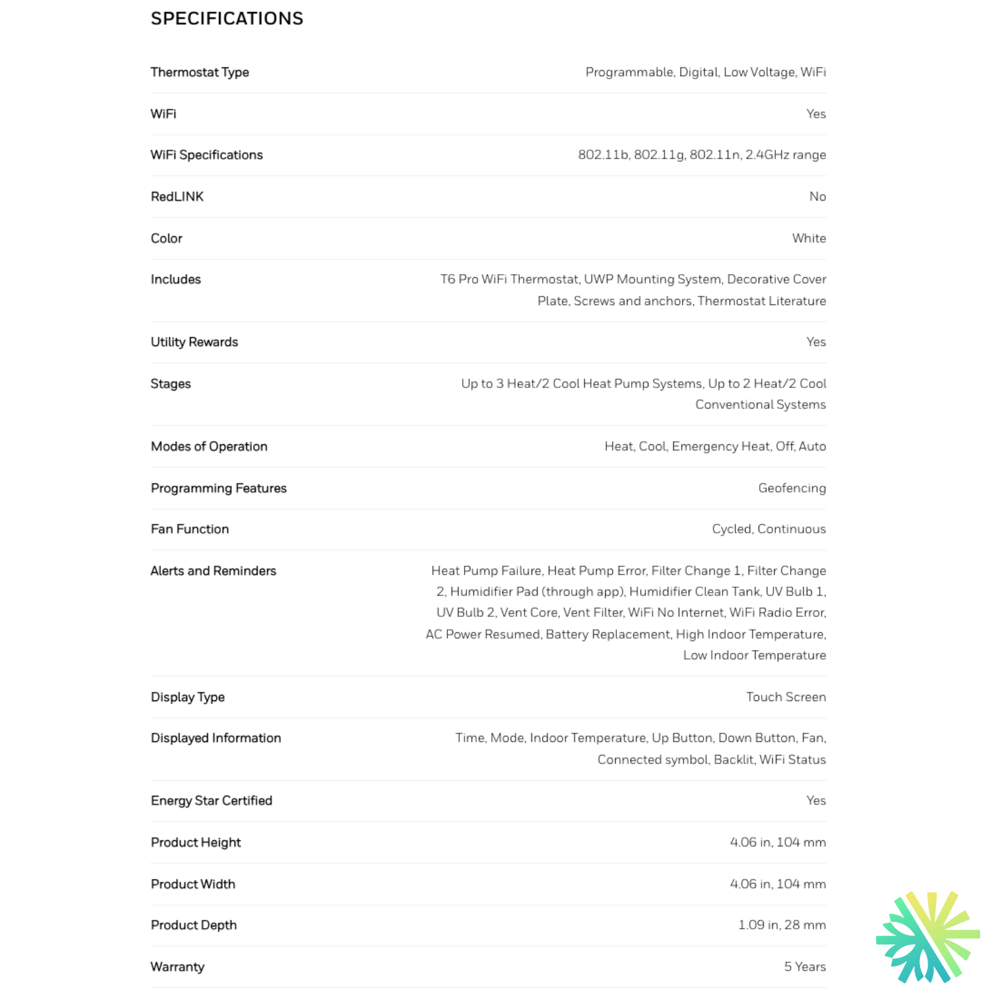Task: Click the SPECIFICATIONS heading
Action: tap(227, 19)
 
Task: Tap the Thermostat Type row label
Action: tap(200, 72)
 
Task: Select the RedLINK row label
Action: tap(177, 197)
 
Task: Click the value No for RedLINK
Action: tap(817, 197)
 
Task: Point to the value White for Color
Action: tap(809, 238)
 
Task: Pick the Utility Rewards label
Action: tap(194, 342)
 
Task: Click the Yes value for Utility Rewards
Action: tap(816, 342)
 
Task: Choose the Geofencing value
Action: tap(792, 488)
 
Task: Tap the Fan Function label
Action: tap(190, 529)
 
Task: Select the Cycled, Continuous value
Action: tap(768, 529)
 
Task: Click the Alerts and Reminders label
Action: tap(213, 571)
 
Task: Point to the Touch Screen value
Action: tap(786, 697)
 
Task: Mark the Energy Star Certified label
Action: tap(212, 801)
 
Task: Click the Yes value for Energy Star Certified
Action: tap(816, 801)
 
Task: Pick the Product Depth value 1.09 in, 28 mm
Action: tap(782, 925)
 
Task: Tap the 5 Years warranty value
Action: tap(805, 966)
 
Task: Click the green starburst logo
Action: tap(928, 937)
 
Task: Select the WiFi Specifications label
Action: tap(207, 155)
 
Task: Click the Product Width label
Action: tap(193, 884)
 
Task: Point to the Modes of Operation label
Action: tap(209, 447)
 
